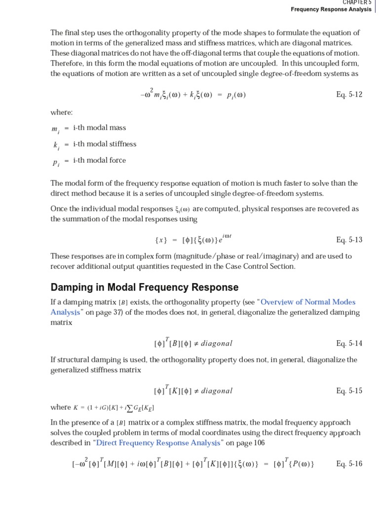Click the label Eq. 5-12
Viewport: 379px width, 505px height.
pos(349,95)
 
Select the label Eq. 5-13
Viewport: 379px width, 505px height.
pos(349,240)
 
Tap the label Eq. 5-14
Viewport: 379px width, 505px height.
pos(349,344)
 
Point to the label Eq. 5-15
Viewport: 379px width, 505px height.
pos(349,391)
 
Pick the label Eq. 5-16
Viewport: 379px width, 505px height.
pos(349,464)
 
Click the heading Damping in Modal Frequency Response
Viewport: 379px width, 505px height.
pos(145,287)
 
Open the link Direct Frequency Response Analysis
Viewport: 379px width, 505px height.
pos(158,443)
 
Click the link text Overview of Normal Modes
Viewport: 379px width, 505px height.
pos(308,302)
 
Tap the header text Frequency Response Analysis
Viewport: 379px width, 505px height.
pos(331,9)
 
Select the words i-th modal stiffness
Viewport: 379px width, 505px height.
pos(105,144)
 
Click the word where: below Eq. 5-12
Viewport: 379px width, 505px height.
pos(61,112)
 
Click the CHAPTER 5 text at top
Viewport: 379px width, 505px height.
pos(357,2)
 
